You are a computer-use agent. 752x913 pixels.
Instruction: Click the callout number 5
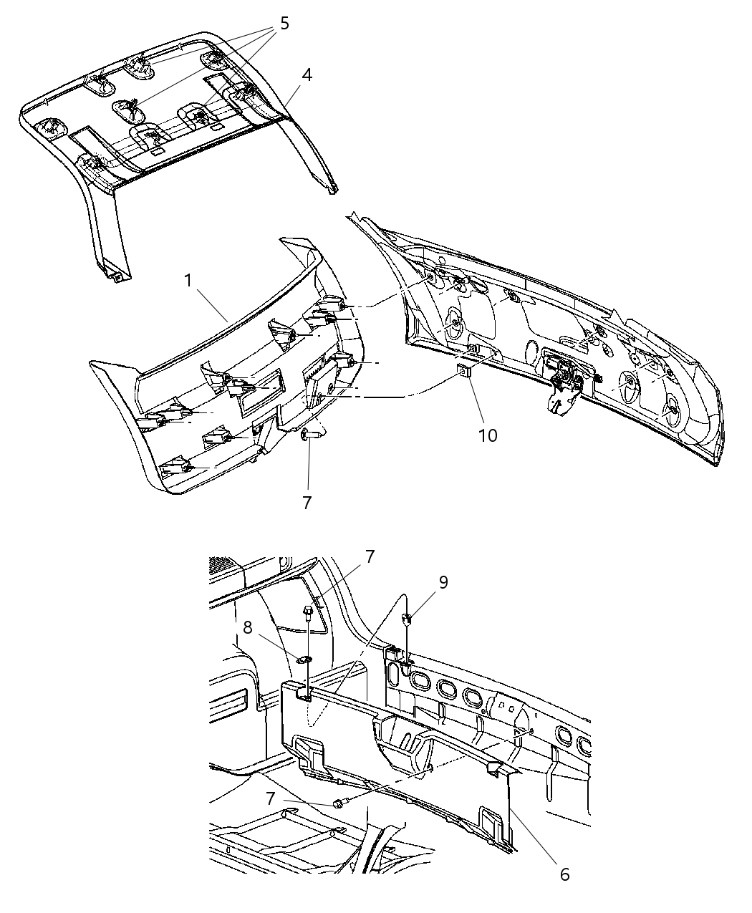coord(284,24)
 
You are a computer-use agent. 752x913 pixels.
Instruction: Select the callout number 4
coord(307,74)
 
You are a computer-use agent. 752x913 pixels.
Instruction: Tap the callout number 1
coord(188,280)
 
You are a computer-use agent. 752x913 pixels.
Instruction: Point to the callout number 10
coord(488,435)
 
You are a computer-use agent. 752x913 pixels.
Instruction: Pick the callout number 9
coord(443,582)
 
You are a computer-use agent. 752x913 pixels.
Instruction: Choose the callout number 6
coord(564,874)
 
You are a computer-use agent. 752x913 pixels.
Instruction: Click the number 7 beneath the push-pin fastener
coord(307,503)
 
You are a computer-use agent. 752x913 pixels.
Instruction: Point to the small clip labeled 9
coord(406,617)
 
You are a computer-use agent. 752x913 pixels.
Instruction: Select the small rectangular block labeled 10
coord(465,371)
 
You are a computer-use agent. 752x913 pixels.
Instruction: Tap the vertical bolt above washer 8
coord(307,613)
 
